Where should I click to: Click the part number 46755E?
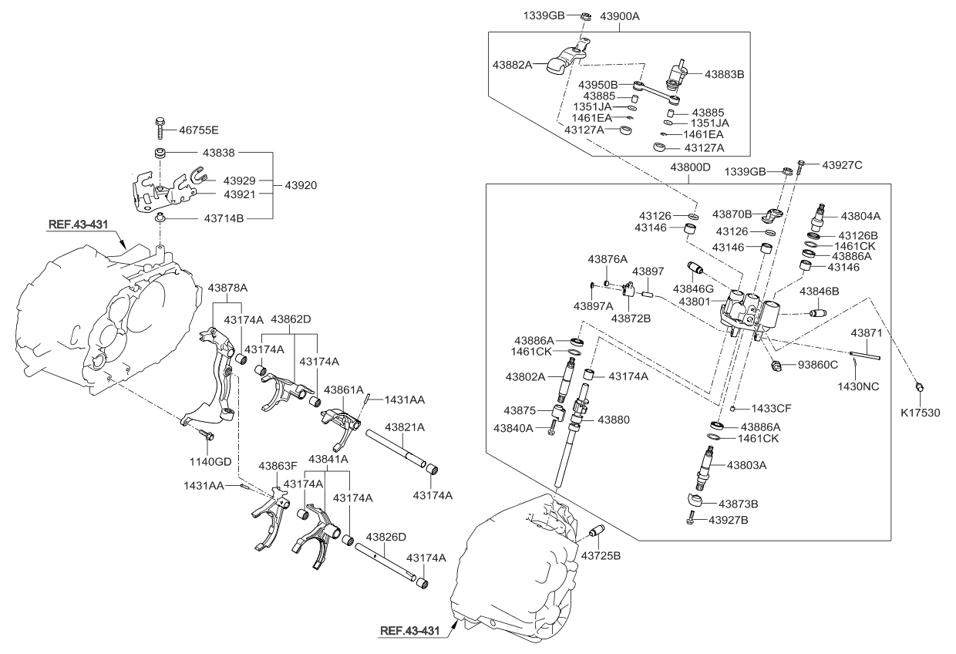pyautogui.click(x=198, y=130)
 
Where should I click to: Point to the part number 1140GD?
pyautogui.click(x=211, y=461)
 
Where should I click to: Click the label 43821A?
pyautogui.click(x=406, y=426)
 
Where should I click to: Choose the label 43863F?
pyautogui.click(x=278, y=466)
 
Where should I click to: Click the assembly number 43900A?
pyautogui.click(x=625, y=15)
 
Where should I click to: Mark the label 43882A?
pyautogui.click(x=513, y=66)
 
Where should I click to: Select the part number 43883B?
pyautogui.click(x=724, y=74)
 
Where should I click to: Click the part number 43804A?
pyautogui.click(x=860, y=217)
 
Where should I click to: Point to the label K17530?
pyautogui.click(x=921, y=413)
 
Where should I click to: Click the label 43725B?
pyautogui.click(x=601, y=555)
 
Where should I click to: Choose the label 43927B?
pyautogui.click(x=729, y=520)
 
